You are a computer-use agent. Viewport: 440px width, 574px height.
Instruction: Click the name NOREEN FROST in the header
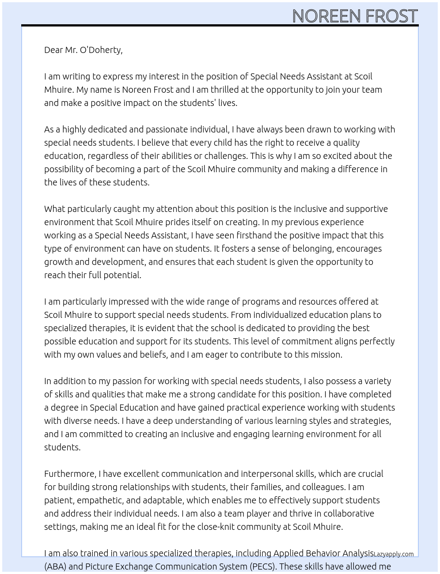(x=355, y=16)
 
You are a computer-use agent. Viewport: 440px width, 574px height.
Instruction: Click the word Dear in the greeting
(x=53, y=50)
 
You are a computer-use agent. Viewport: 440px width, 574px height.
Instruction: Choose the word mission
(x=326, y=355)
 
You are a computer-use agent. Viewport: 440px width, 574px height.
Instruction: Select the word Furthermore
(x=70, y=474)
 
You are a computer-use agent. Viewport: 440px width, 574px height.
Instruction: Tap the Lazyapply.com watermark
(x=394, y=554)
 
